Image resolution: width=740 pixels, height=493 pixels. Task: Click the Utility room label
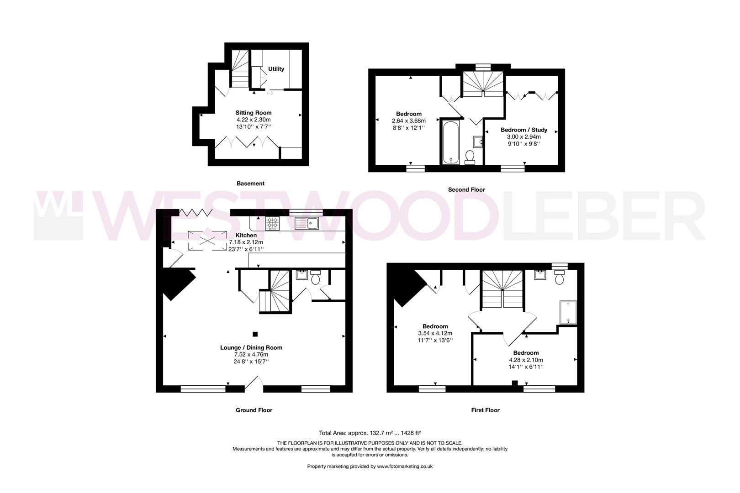tap(276, 69)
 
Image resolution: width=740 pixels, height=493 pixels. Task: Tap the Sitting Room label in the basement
tap(253, 113)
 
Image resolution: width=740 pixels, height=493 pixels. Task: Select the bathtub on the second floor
tap(450, 142)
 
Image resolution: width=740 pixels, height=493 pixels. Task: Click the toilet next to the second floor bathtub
tap(470, 157)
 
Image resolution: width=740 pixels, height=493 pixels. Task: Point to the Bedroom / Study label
tap(523, 130)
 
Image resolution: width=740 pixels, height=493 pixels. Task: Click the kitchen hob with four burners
tap(273, 223)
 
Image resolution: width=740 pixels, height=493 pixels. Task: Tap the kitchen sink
tap(307, 223)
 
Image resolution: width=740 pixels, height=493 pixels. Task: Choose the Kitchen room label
tap(246, 235)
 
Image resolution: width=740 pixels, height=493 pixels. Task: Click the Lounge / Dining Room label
tap(251, 347)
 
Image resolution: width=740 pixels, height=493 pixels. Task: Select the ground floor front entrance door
tap(254, 384)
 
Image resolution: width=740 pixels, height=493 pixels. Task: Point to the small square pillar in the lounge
tap(255, 334)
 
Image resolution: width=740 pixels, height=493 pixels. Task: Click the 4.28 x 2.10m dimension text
tap(526, 360)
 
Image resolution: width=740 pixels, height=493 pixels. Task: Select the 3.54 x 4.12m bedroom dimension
tap(435, 333)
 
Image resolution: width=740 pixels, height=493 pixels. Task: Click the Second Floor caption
tap(466, 189)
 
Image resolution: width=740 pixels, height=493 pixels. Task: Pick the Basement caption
tap(250, 184)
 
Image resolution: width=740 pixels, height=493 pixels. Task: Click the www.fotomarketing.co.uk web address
tap(398, 467)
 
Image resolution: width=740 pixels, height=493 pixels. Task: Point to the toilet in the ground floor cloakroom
tap(316, 278)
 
